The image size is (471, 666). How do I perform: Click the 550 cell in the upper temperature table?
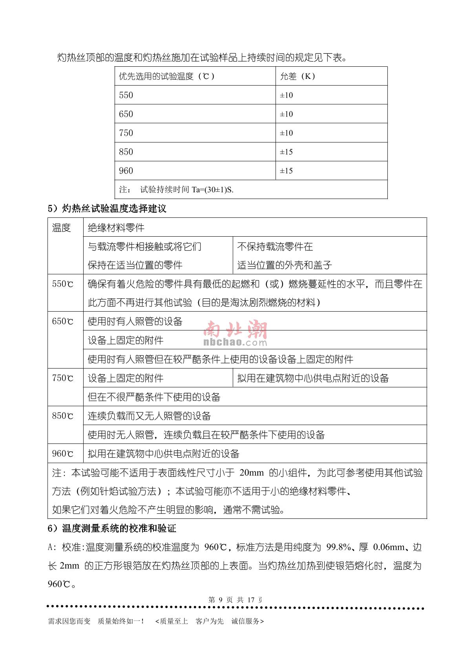[x=126, y=95]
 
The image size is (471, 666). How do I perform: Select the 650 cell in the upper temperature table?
[x=126, y=114]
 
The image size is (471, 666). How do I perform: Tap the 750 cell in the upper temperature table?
[x=126, y=133]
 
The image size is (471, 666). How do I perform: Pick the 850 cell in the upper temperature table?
[x=126, y=152]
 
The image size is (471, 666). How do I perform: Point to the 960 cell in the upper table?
[x=126, y=171]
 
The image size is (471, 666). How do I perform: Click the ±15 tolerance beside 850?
[x=286, y=152]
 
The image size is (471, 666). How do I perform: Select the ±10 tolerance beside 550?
[x=286, y=95]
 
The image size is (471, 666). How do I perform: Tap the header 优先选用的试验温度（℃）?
[x=167, y=77]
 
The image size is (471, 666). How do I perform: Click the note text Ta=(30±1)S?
[x=212, y=190]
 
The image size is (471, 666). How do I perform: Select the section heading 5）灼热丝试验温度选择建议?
[x=107, y=208]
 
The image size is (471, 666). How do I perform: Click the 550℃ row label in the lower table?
[x=62, y=284]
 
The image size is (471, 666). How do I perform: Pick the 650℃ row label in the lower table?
[x=62, y=322]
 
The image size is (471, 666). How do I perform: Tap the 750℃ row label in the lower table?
[x=62, y=378]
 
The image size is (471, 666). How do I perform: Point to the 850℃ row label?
[x=62, y=416]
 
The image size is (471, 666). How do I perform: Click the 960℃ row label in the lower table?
[x=62, y=454]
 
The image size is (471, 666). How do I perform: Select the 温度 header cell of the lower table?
[x=61, y=228]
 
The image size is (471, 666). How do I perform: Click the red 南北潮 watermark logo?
[x=235, y=330]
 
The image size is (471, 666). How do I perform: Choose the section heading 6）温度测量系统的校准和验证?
[x=112, y=529]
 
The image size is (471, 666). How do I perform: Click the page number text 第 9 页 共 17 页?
[x=235, y=600]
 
